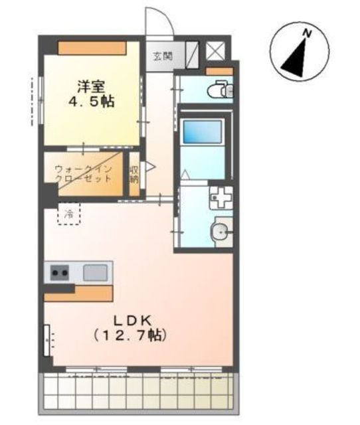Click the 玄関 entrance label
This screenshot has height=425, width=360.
click(x=163, y=56)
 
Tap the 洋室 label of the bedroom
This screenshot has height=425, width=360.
click(x=91, y=86)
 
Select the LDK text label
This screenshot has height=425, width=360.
click(x=132, y=321)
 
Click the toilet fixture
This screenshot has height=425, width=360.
click(x=220, y=89)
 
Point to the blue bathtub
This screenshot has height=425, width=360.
click(x=202, y=132)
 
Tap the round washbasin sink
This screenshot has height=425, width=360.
click(x=220, y=232)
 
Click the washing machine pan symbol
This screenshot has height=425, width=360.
click(x=221, y=197)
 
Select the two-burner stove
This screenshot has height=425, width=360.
click(x=60, y=272)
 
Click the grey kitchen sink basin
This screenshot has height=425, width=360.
click(x=94, y=272)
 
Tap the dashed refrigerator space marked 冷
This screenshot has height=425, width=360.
click(x=68, y=214)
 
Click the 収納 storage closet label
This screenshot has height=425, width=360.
click(x=134, y=174)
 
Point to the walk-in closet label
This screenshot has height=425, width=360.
click(x=83, y=174)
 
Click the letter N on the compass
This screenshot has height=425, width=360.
click(x=307, y=33)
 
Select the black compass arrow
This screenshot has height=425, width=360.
click(x=295, y=58)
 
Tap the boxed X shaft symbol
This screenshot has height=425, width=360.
click(x=215, y=50)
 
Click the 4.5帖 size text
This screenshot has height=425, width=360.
click(x=92, y=102)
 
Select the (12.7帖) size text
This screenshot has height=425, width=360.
click(x=130, y=336)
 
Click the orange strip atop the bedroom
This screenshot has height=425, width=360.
click(x=92, y=48)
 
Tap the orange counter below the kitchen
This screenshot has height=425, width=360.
click(x=78, y=293)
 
